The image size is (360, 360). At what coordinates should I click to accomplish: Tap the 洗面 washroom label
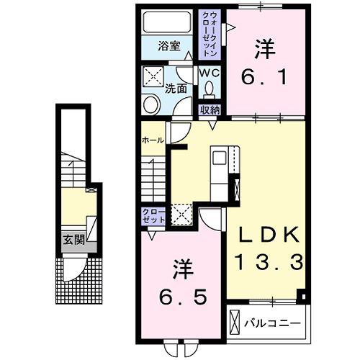click(176, 89)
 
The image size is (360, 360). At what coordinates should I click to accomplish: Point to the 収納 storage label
click(210, 109)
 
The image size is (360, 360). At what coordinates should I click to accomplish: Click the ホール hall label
click(152, 140)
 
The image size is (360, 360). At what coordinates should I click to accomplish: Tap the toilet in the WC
click(210, 89)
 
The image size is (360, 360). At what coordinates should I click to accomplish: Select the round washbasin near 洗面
click(153, 104)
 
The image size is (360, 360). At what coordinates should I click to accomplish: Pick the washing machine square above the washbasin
click(153, 77)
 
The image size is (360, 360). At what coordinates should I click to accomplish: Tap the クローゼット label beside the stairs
click(153, 216)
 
